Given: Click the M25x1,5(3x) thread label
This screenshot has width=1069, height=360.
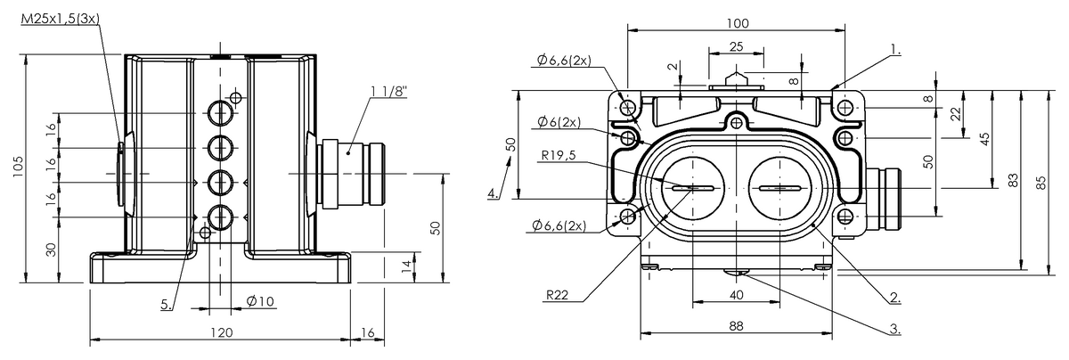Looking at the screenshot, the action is pos(61,19).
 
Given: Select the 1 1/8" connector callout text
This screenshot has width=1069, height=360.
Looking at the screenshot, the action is pos(389,91).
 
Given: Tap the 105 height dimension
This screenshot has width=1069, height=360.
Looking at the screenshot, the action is pos(18,167).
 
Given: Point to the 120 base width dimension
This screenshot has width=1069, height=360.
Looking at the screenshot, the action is pos(222,332).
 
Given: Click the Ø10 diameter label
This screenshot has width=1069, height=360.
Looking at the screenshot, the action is pos(260,301).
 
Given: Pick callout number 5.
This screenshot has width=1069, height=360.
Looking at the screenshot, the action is pos(166,304).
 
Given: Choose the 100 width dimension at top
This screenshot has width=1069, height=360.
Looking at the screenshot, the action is pos(738,23).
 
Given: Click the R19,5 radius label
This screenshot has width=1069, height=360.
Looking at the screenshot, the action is pos(559,155).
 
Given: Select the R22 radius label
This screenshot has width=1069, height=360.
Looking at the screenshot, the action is pos(558,295).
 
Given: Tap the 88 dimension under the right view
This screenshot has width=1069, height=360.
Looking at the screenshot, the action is pos(736,326).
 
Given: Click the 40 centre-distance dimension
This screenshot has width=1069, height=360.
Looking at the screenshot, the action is pos(736,295).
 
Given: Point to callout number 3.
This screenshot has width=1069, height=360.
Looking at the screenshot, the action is pos(894,329).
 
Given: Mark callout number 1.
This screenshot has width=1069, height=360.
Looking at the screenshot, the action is pos(896,49).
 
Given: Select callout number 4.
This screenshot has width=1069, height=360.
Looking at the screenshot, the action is pos(493,193).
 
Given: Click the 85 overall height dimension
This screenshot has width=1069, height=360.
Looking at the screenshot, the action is pos(1041,183).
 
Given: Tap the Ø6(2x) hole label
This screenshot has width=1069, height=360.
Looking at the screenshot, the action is pos(559,122).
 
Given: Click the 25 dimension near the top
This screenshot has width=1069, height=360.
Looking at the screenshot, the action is pos(737,46).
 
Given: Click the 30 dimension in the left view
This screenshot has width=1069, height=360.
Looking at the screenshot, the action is pos(51,250).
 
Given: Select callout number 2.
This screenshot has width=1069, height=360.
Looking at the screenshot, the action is pos(895,298).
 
